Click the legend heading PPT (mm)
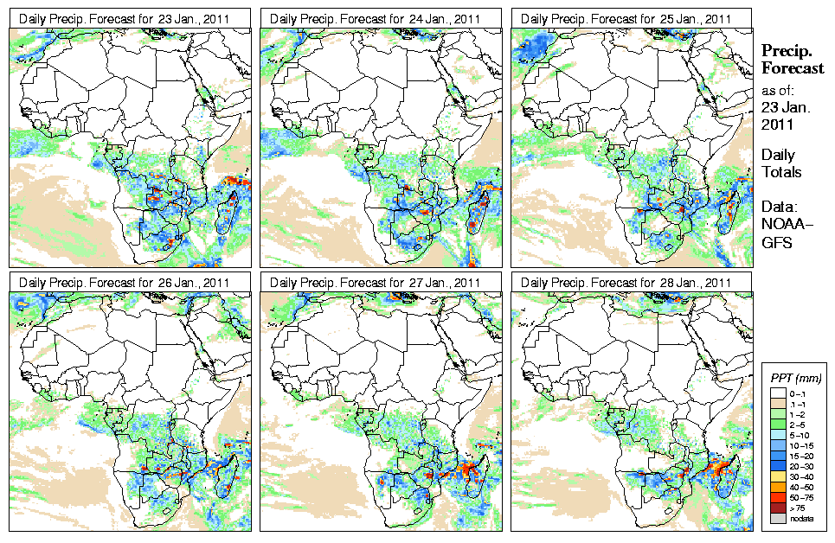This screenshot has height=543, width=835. [x=795, y=379]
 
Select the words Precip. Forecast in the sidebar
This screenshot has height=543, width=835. [x=792, y=60]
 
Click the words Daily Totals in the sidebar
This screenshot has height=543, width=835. [x=781, y=163]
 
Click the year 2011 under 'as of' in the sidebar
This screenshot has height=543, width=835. [x=778, y=125]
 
